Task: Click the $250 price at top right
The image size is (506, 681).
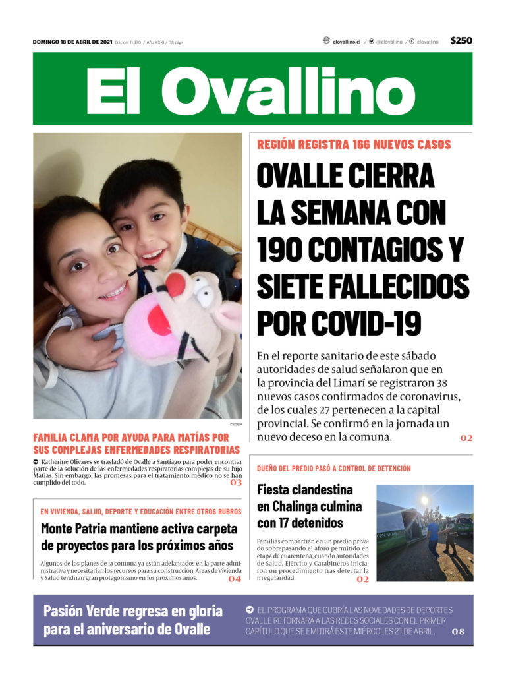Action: pos(461,41)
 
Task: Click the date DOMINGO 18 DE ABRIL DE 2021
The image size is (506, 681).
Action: pos(72,42)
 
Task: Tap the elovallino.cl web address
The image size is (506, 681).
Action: pos(346,42)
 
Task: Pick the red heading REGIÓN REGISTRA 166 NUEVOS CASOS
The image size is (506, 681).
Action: pos(354,144)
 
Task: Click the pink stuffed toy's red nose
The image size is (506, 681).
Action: pos(175,285)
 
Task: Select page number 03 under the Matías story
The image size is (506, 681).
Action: pos(235,483)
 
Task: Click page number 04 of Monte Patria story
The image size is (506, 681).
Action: pos(235,579)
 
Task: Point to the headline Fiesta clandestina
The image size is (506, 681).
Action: pos(304,490)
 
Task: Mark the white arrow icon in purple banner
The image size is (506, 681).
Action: pos(250,610)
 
